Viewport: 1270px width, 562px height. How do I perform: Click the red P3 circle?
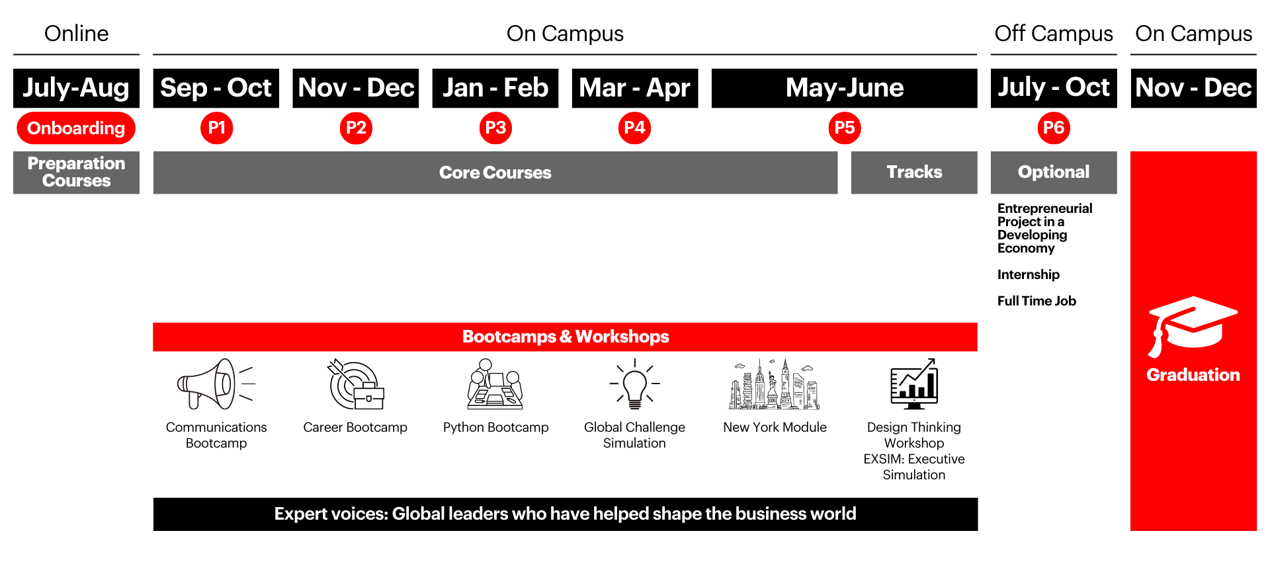495,128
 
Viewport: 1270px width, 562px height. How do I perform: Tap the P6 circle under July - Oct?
1054,128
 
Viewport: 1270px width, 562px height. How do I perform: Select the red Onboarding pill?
76,128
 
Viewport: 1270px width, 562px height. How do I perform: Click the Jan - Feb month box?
495,88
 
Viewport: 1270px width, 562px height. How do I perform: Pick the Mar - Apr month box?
635,88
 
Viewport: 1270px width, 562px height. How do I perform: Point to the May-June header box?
845,88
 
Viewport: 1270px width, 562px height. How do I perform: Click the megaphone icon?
216,384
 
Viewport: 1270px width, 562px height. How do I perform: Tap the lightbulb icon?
635,384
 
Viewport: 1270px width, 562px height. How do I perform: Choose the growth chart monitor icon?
914,384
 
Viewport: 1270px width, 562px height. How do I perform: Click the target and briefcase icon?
356,384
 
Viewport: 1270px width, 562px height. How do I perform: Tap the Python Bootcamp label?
495,427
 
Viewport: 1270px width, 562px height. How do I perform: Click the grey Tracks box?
914,173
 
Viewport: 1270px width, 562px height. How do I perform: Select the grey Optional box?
1054,173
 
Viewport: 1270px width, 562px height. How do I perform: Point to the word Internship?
1029,274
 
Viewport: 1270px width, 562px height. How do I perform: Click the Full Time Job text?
1037,301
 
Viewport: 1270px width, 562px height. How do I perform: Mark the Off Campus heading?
1054,34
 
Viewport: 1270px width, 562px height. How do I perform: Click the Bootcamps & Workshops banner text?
566,337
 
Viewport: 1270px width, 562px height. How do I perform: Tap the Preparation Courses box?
76,173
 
